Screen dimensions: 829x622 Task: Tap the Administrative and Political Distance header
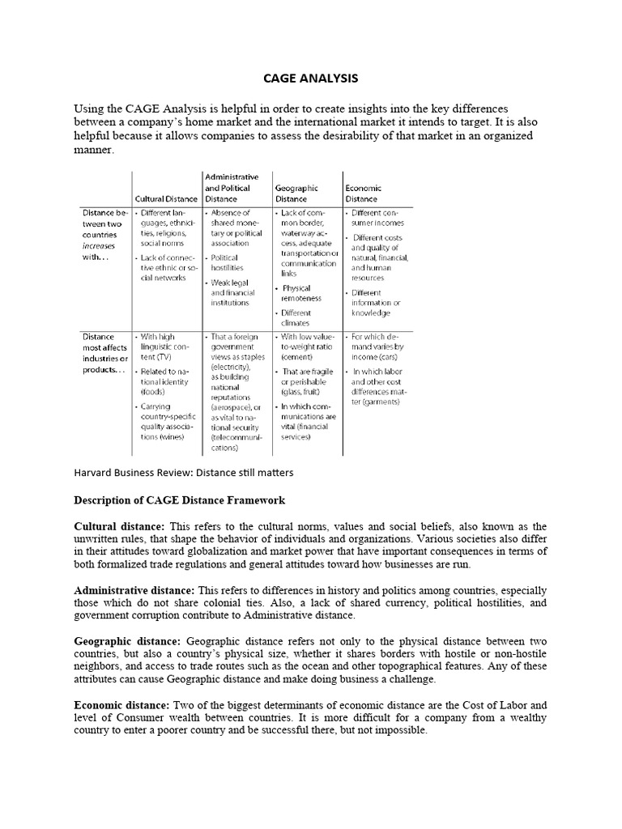[x=232, y=187]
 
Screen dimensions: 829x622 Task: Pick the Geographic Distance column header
[x=297, y=193]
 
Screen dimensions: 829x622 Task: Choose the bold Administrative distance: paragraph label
[x=136, y=589]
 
